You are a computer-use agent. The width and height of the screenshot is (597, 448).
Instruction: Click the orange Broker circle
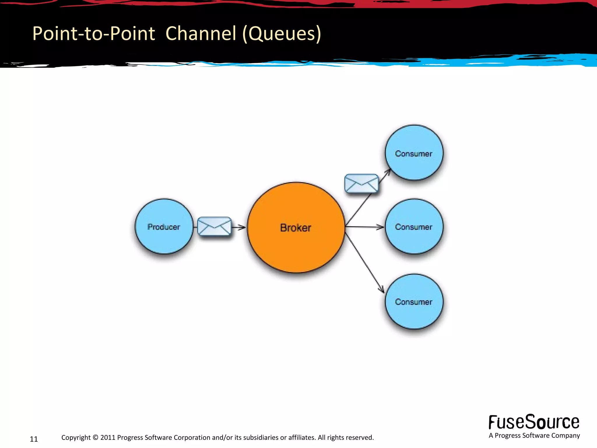coord(296,228)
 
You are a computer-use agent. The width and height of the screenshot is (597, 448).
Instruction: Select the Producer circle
coord(164,227)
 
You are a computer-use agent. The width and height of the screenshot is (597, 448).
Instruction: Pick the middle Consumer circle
coord(414,227)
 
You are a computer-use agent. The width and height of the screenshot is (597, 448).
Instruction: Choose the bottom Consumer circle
coord(414,302)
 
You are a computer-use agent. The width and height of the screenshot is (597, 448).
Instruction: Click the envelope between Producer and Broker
coord(214,226)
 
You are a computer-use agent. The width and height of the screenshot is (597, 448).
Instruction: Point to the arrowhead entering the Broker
coord(242,227)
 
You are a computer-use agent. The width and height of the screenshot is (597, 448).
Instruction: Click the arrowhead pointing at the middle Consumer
coord(380,227)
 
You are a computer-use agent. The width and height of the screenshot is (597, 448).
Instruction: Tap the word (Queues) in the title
coord(282,34)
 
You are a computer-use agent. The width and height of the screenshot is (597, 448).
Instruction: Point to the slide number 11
coord(34,439)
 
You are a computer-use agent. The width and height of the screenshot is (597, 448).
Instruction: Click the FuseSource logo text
coord(534,422)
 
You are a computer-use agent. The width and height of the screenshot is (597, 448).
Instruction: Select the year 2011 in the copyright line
coord(108,437)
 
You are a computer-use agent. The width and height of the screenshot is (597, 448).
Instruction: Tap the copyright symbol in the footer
coord(95,437)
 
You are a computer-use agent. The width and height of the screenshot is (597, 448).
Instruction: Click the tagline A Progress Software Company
coord(534,435)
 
